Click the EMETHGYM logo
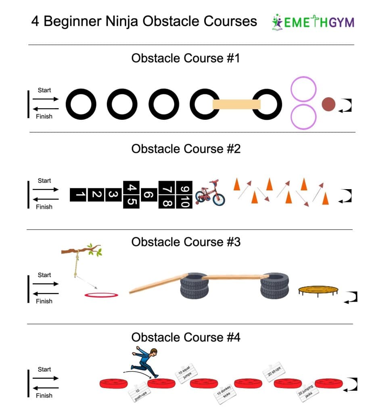313,22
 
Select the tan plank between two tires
236,105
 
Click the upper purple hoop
303,89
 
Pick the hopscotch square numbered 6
148,195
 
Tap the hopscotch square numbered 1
79,195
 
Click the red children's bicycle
210,193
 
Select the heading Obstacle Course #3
186,242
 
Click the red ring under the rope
101,295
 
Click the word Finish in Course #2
44,207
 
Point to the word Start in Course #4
44,369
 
